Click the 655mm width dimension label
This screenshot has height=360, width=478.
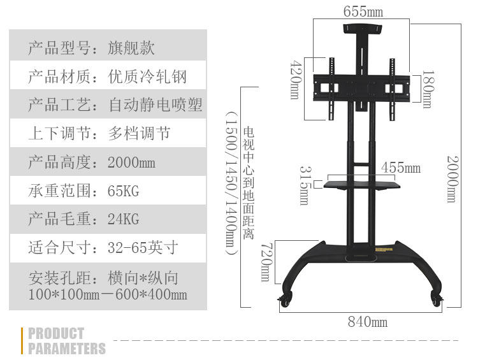(x=363, y=11)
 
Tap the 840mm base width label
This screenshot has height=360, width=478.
(x=367, y=322)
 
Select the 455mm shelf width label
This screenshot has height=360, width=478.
(x=401, y=168)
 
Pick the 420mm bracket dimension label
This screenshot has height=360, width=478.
(x=295, y=80)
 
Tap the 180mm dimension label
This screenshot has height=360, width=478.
(x=427, y=89)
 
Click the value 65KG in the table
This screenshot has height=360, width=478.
(x=124, y=191)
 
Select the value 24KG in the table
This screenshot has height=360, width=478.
(x=124, y=219)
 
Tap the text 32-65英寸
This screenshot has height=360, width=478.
(x=143, y=248)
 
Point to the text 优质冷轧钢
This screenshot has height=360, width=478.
(x=148, y=76)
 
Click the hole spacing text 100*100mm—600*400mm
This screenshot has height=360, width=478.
(x=108, y=294)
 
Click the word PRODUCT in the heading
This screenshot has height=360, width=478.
(x=56, y=333)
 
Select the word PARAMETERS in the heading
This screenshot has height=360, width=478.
(x=67, y=349)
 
